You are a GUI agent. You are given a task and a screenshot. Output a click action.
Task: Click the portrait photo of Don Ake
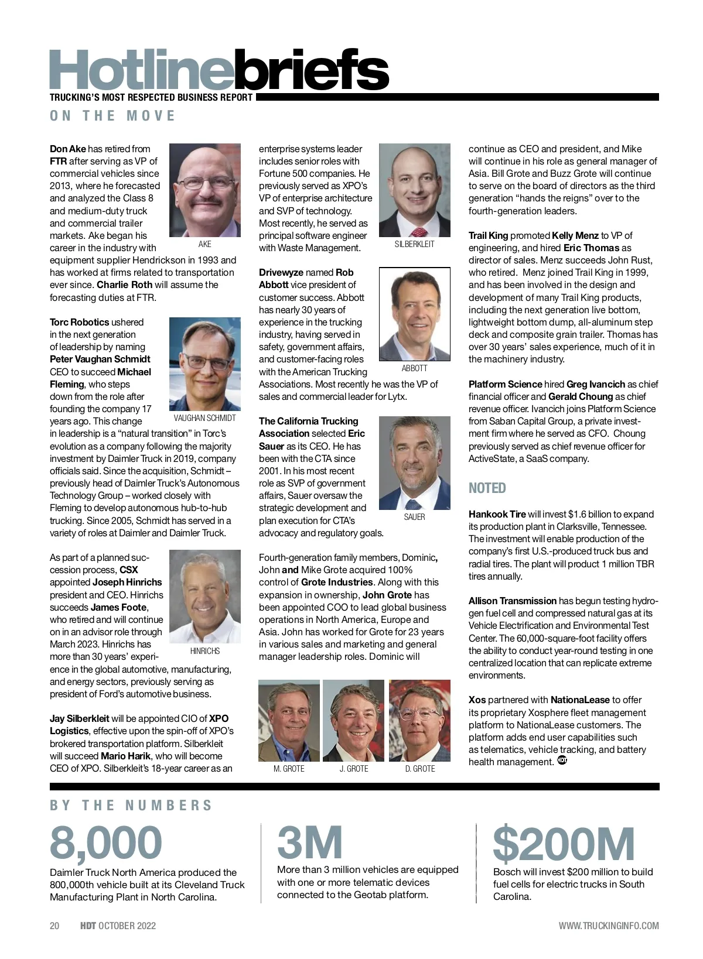(204, 190)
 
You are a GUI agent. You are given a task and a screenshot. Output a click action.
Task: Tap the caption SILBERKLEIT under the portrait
(414, 244)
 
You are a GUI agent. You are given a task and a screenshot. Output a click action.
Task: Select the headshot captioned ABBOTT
(414, 314)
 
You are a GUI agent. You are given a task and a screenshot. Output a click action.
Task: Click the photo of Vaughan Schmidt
(204, 364)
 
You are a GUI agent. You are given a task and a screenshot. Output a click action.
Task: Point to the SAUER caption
(414, 517)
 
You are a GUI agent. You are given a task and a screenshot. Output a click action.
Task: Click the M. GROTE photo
(289, 720)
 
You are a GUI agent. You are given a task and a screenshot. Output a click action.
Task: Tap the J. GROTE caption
(354, 769)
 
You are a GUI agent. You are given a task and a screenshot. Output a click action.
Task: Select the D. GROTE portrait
(419, 720)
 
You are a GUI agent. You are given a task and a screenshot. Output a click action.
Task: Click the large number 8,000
(106, 843)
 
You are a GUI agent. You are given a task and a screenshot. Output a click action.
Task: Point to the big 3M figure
(309, 843)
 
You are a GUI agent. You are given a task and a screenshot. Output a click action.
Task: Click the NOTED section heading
(487, 488)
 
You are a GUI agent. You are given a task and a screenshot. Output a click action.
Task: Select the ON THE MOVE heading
(112, 116)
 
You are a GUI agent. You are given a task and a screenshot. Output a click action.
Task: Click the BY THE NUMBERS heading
(131, 806)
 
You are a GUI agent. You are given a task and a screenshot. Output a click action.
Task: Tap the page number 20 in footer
(54, 926)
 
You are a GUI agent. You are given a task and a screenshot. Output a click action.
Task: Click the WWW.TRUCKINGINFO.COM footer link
(608, 926)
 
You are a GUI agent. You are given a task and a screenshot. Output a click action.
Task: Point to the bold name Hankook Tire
(497, 514)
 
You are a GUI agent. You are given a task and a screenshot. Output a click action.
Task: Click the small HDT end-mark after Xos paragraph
(562, 761)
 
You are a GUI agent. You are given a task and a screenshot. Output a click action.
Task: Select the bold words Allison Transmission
(512, 601)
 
